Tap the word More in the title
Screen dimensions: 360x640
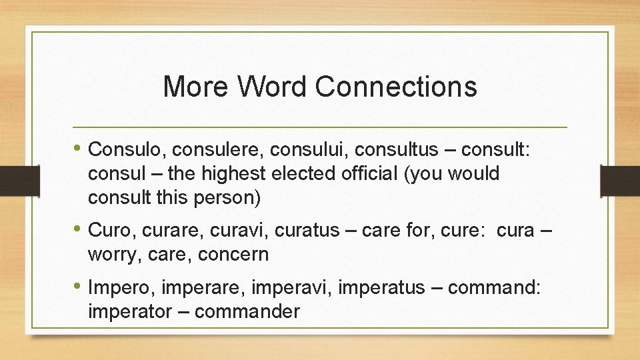click(x=194, y=87)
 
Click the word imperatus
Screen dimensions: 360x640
click(x=381, y=288)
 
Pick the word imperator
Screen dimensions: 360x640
click(x=125, y=311)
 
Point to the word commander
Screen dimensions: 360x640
click(x=249, y=311)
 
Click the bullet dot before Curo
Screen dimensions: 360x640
click(x=79, y=229)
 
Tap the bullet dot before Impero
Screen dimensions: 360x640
click(x=79, y=287)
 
